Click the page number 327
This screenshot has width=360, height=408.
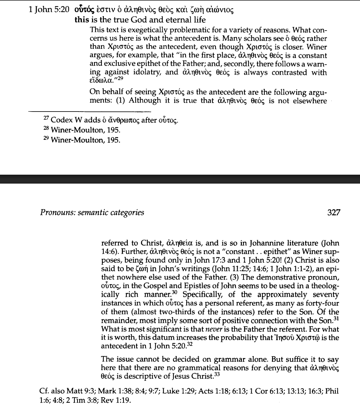(334, 212)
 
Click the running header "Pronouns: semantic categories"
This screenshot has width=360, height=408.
(92, 212)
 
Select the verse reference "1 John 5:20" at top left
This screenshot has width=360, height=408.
(49, 10)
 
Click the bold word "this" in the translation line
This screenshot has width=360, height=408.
(82, 20)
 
